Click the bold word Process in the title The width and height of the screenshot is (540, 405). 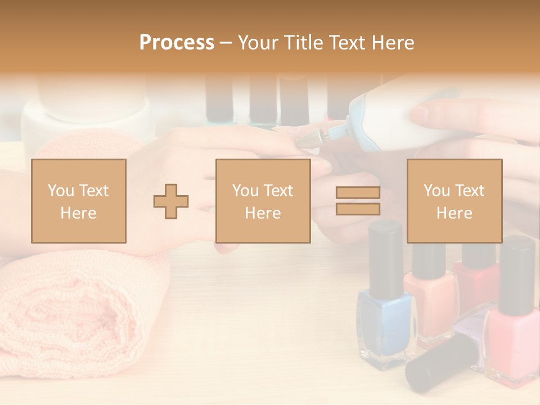177,42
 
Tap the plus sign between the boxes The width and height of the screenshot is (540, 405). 171,201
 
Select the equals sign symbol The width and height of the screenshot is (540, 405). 358,201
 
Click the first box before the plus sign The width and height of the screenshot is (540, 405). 78,201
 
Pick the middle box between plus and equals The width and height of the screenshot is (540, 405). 263,201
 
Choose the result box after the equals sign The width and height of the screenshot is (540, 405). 454,201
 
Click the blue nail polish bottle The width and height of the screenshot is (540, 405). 384,321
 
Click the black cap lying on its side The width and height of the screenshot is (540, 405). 436,363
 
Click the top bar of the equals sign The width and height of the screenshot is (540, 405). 358,193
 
